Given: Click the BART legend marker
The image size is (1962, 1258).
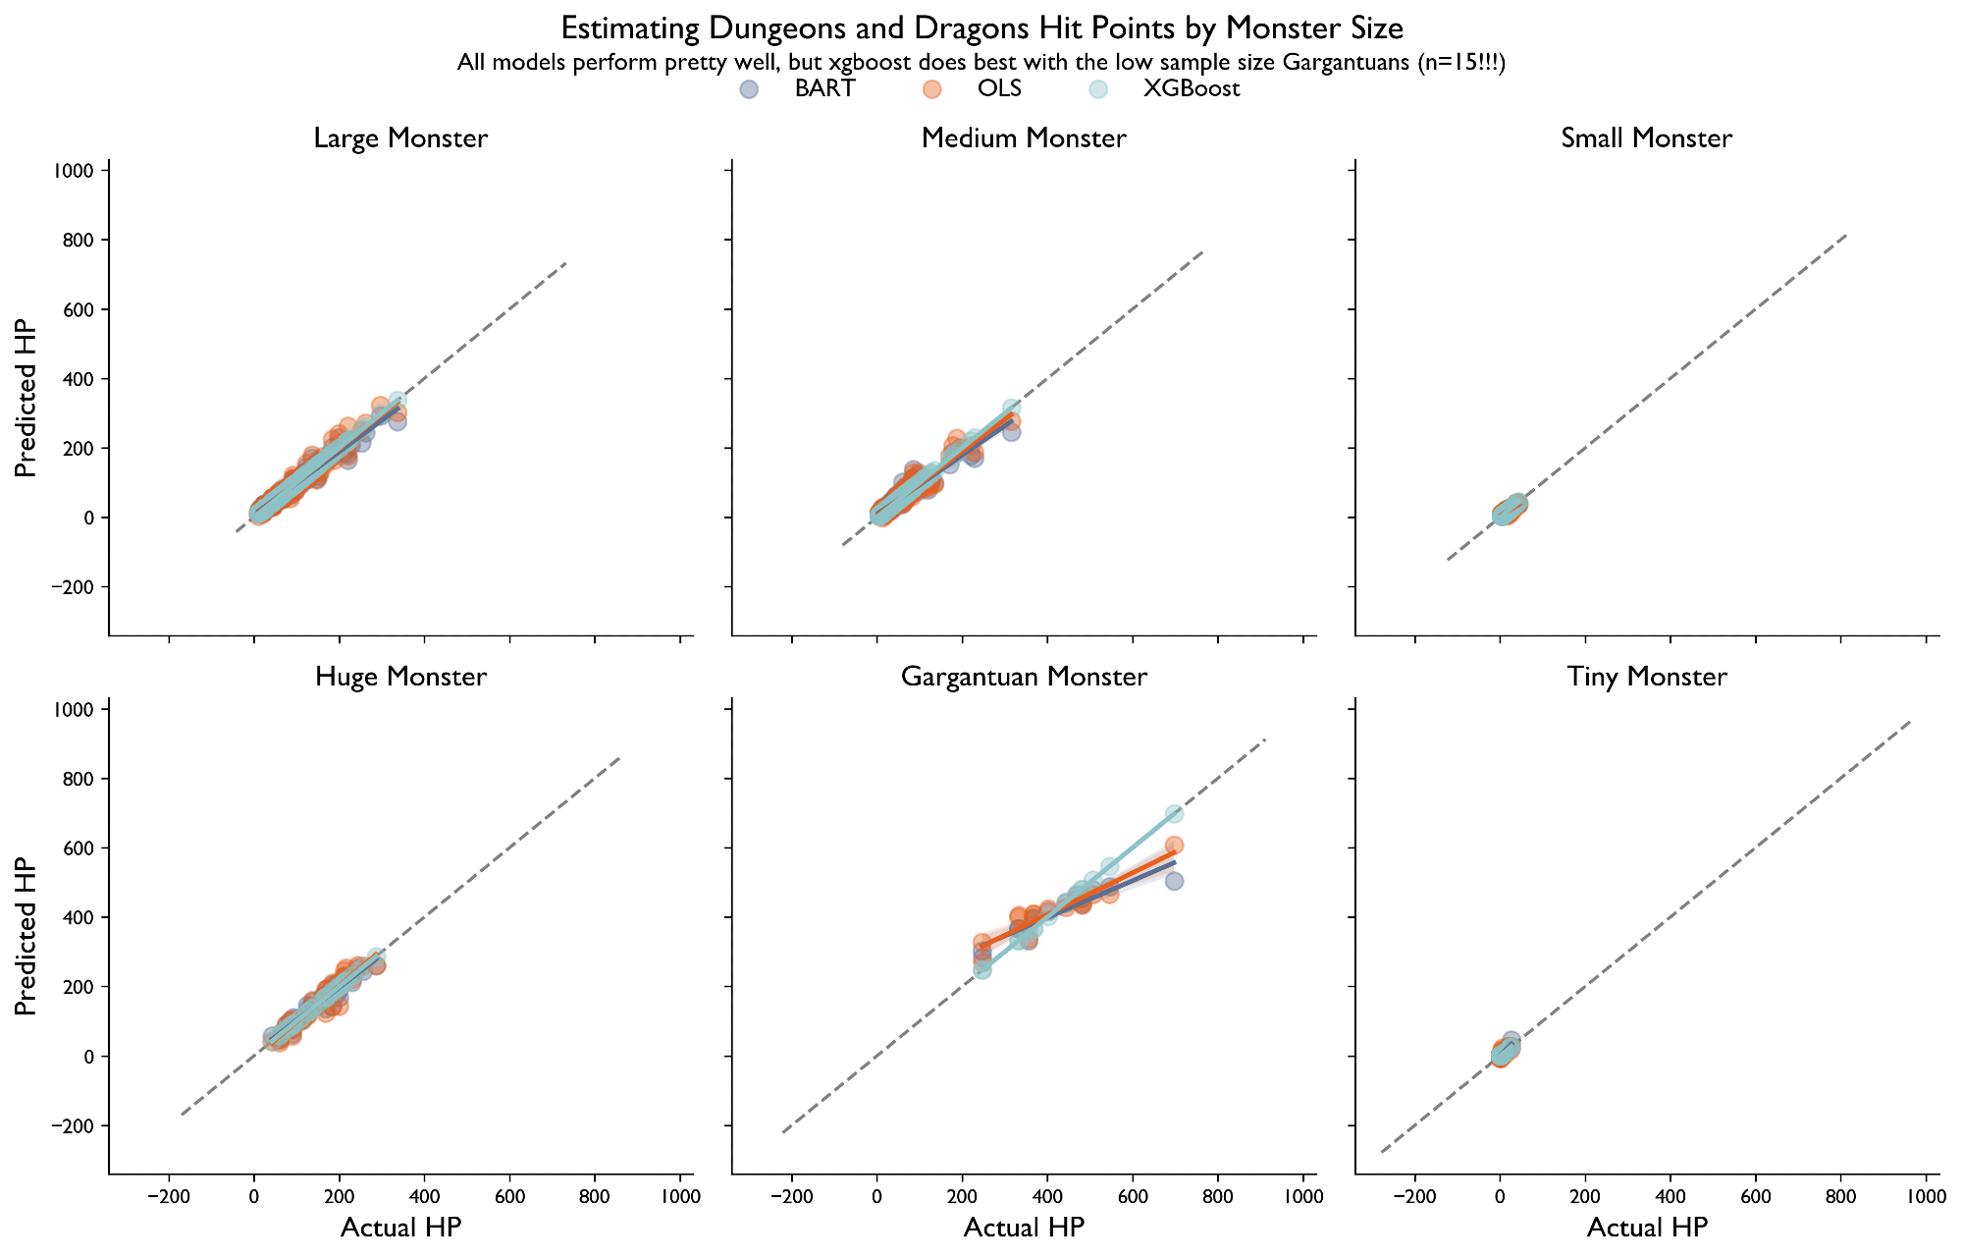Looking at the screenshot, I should coord(747,89).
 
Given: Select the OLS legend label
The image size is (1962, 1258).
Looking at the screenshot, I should coord(999,89).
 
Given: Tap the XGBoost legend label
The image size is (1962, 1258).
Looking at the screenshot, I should coord(1192,89).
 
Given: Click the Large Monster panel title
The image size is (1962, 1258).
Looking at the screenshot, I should coord(400,138).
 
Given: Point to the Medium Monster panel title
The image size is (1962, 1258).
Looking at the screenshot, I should coord(1024,138).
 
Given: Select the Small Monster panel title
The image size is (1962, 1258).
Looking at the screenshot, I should coord(1646,138).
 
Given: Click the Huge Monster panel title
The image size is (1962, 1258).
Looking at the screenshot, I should coord(400,677).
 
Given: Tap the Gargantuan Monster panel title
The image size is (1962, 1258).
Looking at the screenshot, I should coord(1024,677).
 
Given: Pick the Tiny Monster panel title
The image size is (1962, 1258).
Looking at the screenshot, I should coord(1646,677).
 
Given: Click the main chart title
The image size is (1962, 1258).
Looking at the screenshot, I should coord(981,27).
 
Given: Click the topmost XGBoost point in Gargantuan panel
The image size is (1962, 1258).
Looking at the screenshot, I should coord(1174,814).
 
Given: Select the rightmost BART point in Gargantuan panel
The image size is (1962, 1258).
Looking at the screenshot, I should coord(1174,881).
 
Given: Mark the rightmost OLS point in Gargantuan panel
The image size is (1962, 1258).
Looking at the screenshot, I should coord(1174,846).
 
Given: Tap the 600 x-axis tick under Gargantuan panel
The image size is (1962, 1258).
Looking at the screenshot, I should coord(1133,1199).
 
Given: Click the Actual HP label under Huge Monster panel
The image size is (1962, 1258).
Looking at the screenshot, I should coord(400,1228).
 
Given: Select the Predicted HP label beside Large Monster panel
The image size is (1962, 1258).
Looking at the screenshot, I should coord(27,398).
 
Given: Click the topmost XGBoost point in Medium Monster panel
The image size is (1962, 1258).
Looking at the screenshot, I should coord(1011,409).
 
